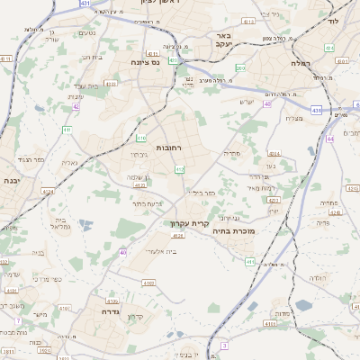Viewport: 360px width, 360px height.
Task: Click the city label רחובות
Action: (x=169, y=147)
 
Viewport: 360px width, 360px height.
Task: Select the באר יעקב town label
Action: (x=224, y=40)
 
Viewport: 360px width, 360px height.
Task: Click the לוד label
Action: (x=332, y=20)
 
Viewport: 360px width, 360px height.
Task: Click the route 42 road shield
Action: (x=76, y=106)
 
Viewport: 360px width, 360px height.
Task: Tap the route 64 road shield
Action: (x=330, y=139)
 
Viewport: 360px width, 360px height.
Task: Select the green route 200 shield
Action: (x=239, y=67)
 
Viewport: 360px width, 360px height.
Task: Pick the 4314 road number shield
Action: (x=274, y=153)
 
